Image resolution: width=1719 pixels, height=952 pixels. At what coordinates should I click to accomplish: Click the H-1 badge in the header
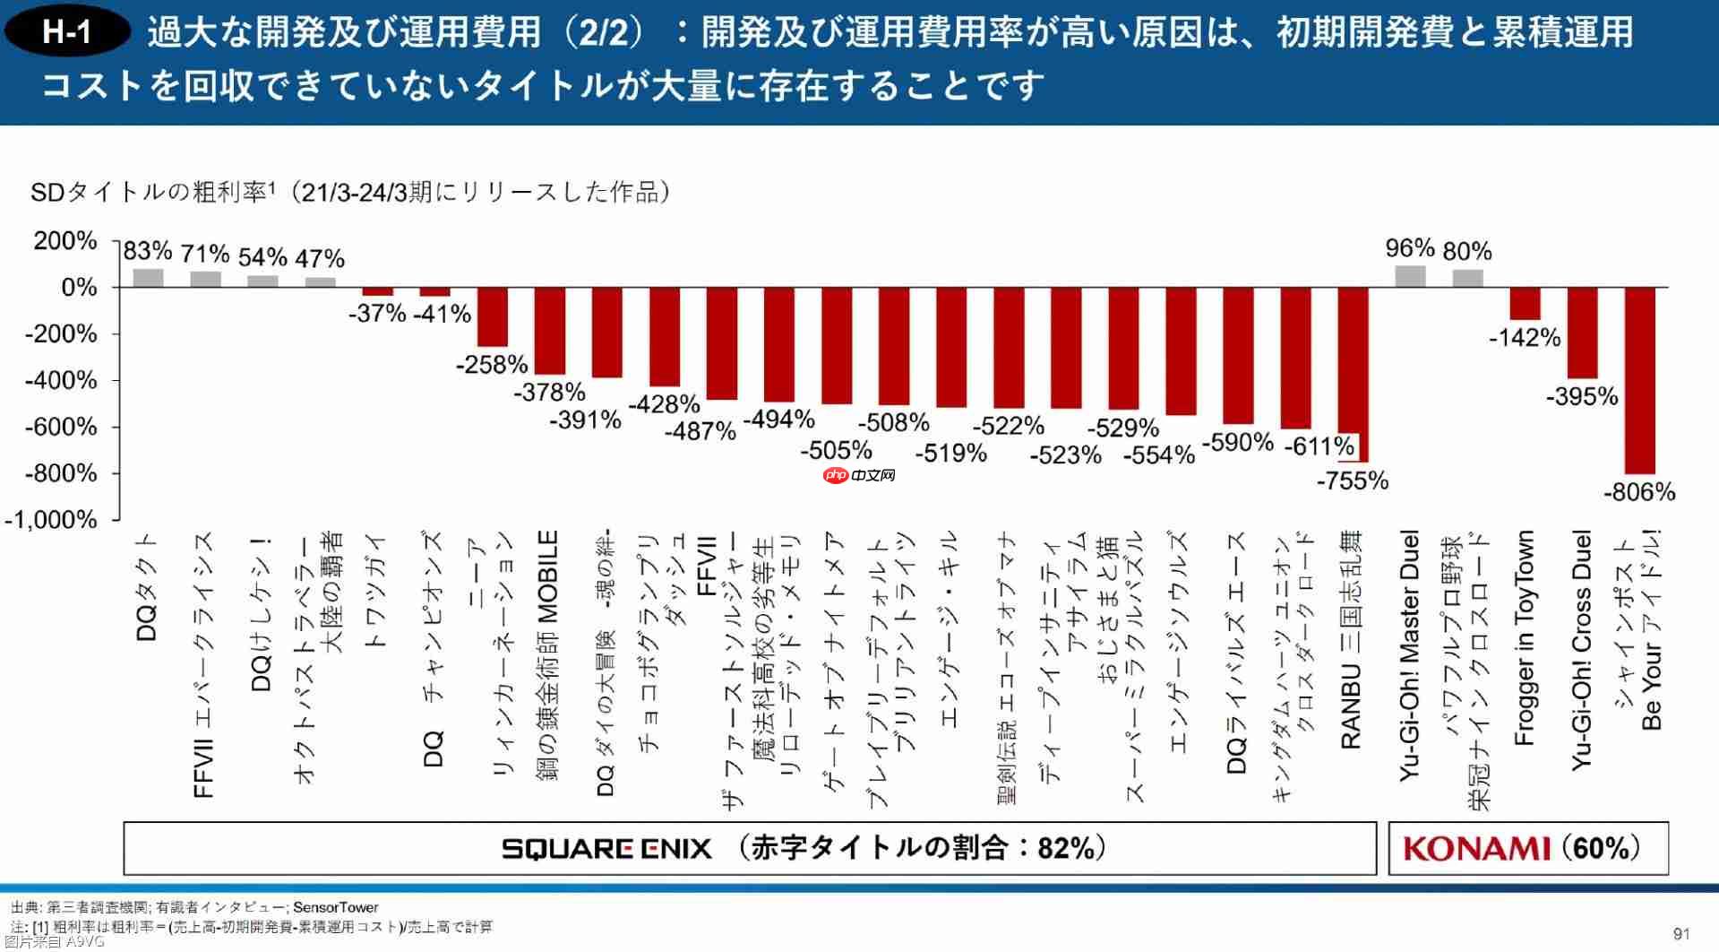pos(67,33)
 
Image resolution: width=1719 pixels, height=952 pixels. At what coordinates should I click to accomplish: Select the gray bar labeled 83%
pos(148,278)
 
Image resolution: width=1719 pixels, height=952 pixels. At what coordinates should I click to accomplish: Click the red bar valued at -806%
pos(1639,380)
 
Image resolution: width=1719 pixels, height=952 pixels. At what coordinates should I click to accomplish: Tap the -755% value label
pos(1352,481)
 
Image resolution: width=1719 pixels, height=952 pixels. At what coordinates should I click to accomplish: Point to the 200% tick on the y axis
pos(65,241)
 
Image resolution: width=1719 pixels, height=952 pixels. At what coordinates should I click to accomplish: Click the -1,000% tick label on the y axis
pos(51,520)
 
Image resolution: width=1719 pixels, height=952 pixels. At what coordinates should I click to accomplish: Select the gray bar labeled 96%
pos(1410,276)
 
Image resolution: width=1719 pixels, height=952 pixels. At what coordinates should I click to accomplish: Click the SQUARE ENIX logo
pos(606,848)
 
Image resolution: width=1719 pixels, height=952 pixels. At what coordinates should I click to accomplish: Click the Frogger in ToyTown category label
pos(1525,637)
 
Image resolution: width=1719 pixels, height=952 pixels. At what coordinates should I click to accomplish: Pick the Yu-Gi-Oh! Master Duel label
pos(1410,655)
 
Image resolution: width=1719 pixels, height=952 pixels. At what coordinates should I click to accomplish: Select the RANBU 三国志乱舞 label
pos(1352,638)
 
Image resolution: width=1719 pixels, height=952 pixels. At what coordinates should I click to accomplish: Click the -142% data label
pos(1525,338)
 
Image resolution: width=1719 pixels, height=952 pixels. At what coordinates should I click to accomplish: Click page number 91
pos(1680,934)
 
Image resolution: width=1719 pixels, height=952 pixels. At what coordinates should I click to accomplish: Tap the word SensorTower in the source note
pos(335,907)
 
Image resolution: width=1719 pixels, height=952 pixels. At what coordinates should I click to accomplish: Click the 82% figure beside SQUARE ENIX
pos(1065,848)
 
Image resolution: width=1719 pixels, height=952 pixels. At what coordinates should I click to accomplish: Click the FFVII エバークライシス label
pos(204,664)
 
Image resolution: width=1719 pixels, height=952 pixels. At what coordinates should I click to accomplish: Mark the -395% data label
pos(1582,396)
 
